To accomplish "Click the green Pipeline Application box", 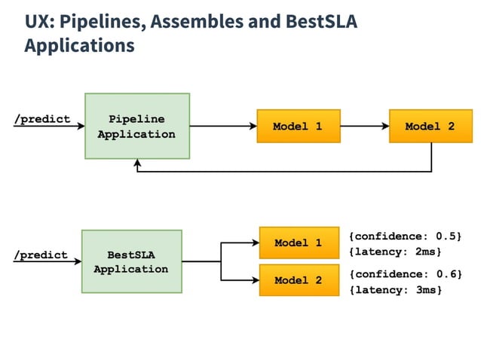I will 136,127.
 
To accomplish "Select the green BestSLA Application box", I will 131,261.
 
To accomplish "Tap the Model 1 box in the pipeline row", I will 298,126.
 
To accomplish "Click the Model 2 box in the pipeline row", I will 430,126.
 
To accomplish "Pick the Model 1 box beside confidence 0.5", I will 298,243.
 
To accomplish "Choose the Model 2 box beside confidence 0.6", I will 298,280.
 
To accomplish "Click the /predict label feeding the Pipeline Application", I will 42,119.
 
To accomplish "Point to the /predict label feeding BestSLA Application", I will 41,255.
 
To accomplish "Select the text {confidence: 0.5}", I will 405,236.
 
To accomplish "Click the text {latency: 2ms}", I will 394,251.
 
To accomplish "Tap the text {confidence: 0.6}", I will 405,273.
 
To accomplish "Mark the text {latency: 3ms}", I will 394,289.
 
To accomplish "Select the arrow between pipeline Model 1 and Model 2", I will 365,127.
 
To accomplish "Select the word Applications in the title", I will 79,46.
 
